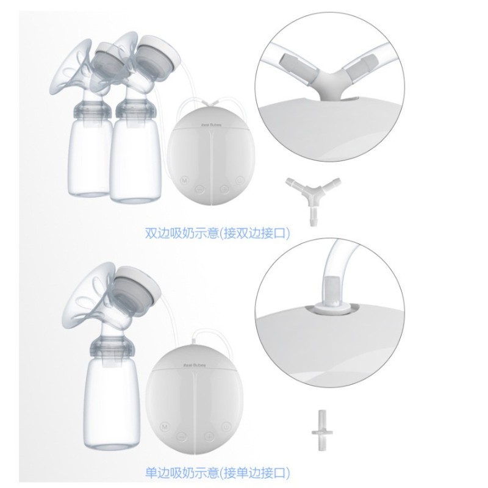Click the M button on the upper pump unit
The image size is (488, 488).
point(184,180)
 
